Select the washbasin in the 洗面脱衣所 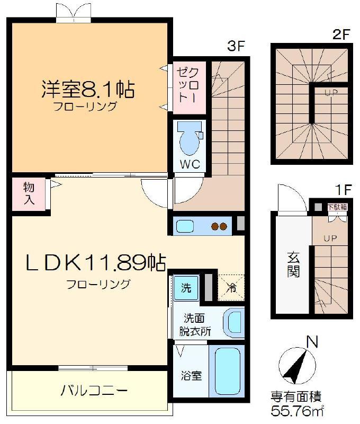[233, 323]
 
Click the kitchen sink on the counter [185, 226]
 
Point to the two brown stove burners [219, 226]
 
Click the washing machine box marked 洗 [186, 288]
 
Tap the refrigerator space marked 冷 [231, 288]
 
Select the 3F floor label [236, 46]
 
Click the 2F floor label [341, 34]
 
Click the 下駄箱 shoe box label [337, 207]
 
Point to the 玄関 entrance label [293, 264]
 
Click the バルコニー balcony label [94, 391]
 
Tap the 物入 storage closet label [29, 193]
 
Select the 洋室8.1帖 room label [88, 89]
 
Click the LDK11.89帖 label [96, 262]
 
